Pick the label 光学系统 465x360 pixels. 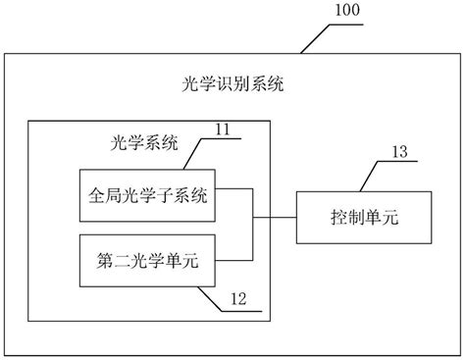[142, 143]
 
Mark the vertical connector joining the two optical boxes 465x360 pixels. [253, 228]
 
